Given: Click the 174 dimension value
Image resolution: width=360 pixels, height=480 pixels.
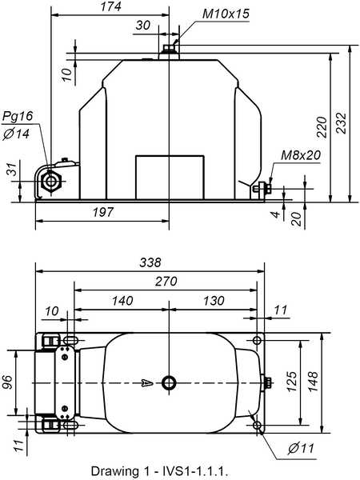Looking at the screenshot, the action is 111,6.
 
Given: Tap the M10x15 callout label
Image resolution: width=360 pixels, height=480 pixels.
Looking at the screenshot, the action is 226,14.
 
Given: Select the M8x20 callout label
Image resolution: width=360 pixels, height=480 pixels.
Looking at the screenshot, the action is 301,155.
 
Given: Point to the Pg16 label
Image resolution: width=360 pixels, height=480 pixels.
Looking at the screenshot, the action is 18,116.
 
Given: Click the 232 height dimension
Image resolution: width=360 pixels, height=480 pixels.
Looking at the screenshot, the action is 342,123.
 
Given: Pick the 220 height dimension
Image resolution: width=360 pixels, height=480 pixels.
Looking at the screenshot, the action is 322,127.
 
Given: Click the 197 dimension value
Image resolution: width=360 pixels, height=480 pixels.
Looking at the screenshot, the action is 103,212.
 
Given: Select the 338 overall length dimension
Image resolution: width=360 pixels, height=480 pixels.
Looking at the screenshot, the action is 150,262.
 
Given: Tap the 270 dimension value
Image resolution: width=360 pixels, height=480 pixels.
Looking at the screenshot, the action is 166,282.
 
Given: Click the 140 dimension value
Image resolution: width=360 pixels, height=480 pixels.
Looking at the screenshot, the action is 122,301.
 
